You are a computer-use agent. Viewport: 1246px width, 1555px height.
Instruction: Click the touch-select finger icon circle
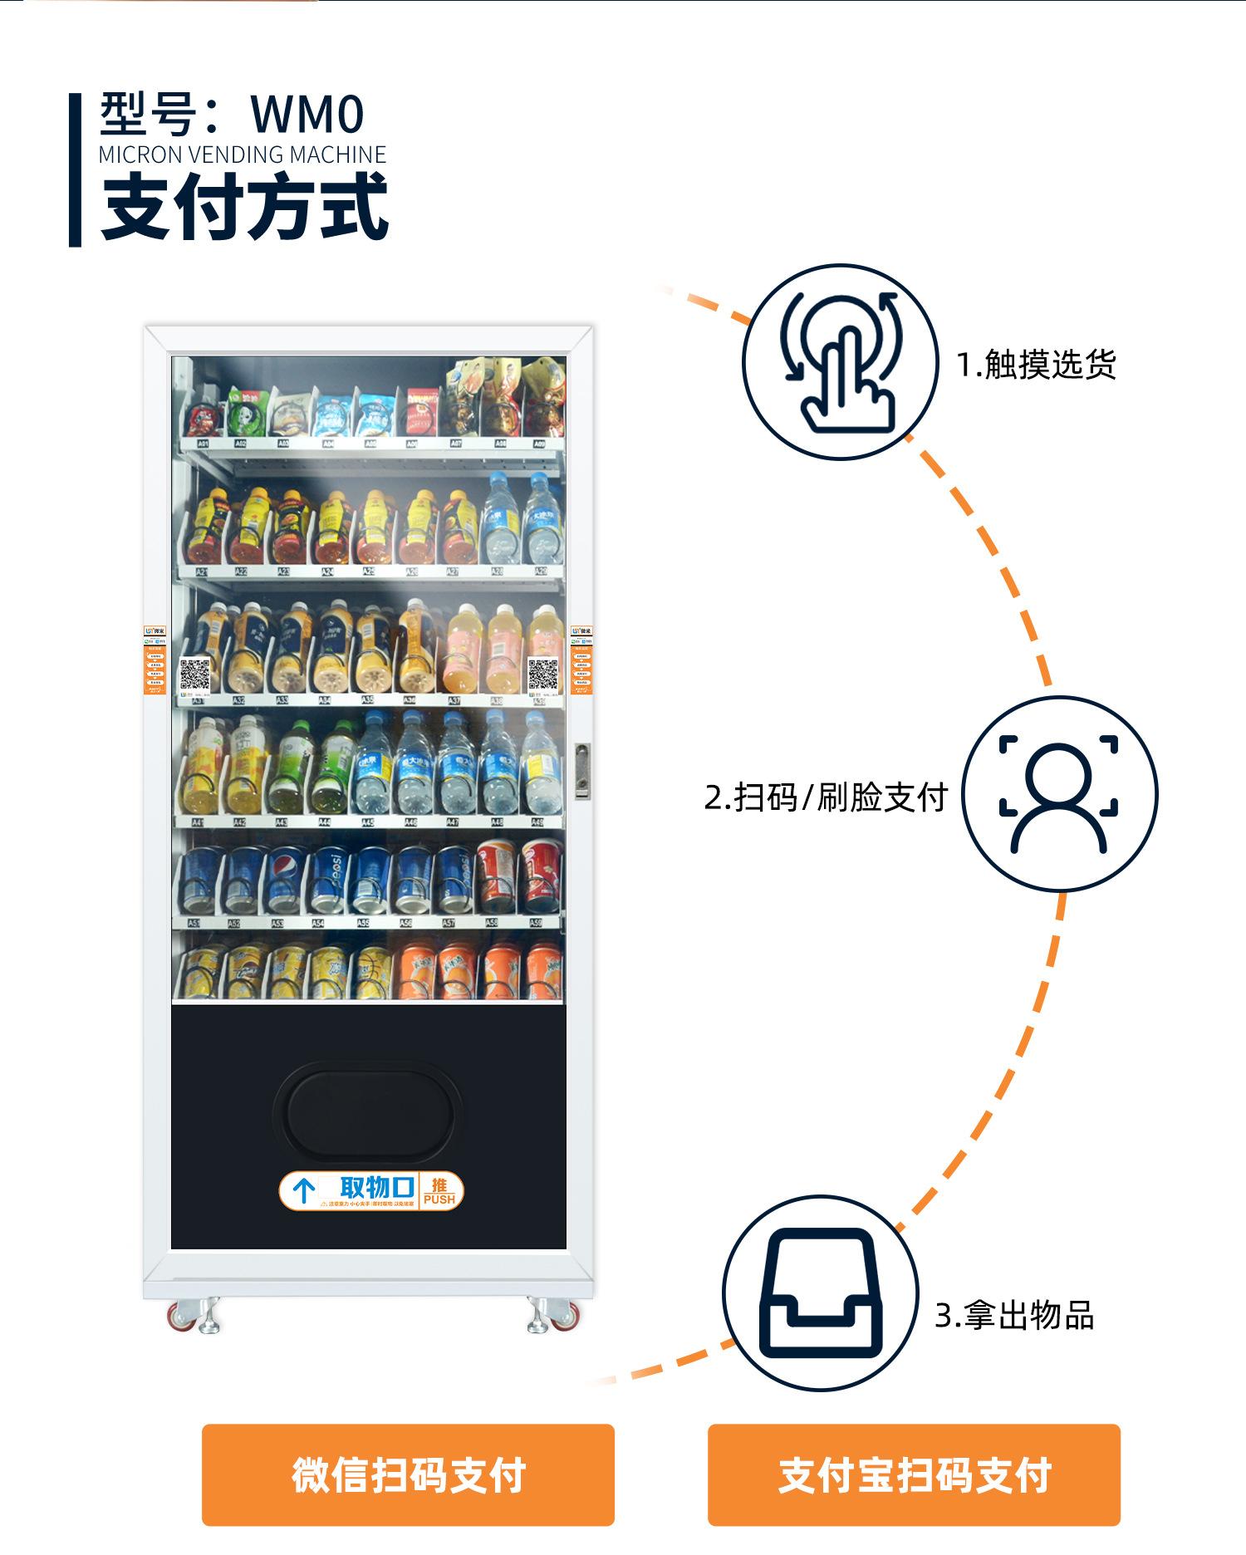tap(840, 362)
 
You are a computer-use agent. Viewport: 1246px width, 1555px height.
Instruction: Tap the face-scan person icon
tap(1059, 794)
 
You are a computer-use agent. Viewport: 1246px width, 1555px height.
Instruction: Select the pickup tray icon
tap(820, 1293)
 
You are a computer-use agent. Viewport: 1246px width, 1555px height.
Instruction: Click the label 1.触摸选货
tap(1036, 365)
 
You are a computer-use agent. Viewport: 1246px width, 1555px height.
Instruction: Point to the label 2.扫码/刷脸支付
tap(826, 797)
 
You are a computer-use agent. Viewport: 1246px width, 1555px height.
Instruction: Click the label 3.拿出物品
tap(1014, 1316)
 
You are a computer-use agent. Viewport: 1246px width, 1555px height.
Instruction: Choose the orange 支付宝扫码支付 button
tap(914, 1474)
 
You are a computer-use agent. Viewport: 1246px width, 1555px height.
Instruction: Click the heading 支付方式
tap(245, 206)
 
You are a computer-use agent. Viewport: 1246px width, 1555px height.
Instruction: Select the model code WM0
tap(307, 114)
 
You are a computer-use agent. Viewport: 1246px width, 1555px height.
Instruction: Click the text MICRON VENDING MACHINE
tap(243, 155)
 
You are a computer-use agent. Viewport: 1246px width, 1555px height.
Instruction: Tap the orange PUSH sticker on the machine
tap(439, 1191)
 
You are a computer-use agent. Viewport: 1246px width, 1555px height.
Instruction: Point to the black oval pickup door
tap(369, 1115)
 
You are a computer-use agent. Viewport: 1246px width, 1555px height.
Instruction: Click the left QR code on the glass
tap(195, 674)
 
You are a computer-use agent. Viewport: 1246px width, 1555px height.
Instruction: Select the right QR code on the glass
tap(543, 674)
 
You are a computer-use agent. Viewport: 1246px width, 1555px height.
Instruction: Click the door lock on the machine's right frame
tap(582, 771)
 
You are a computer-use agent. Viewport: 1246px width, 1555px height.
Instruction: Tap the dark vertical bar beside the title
tap(75, 169)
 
